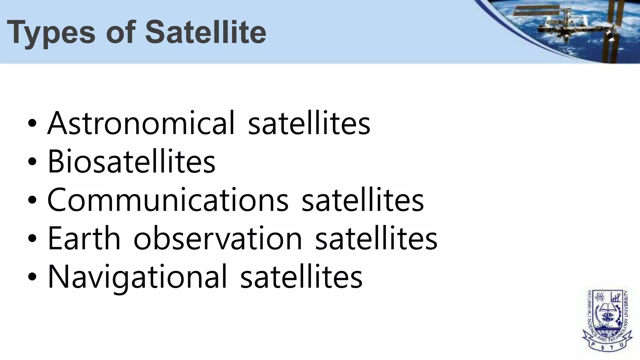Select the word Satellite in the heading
click(205, 32)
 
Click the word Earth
click(84, 238)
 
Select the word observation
click(218, 238)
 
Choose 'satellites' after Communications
click(362, 200)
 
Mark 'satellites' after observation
click(376, 238)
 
